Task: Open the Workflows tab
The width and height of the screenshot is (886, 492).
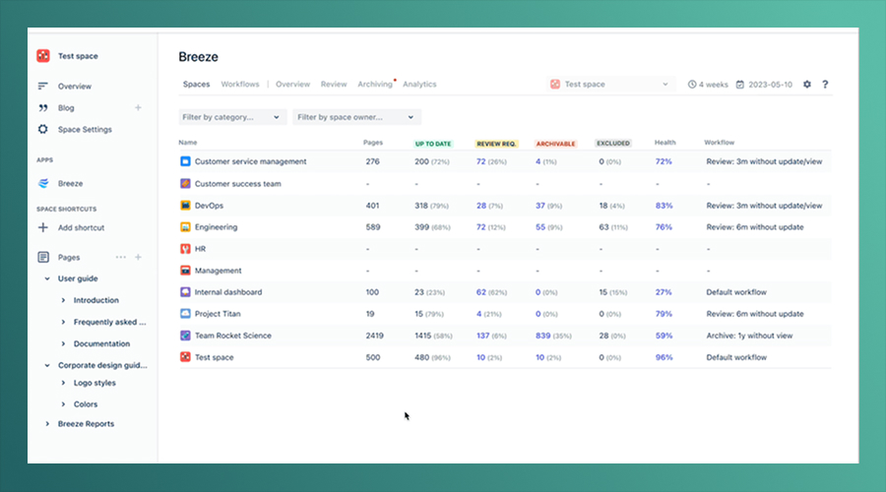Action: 240,85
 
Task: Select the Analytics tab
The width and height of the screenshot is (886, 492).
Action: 419,85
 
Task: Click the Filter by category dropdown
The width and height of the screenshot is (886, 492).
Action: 232,117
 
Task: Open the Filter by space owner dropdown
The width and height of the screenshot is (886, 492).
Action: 356,117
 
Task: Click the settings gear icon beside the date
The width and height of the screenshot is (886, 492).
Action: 807,85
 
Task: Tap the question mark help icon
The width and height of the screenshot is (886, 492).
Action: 825,85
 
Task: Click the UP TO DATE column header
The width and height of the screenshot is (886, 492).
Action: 433,144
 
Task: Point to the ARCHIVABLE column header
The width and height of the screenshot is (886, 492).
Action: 555,144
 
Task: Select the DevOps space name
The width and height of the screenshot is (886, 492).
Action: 209,206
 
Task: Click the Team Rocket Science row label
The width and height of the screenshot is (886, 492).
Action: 232,336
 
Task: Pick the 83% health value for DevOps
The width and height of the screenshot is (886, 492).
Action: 664,206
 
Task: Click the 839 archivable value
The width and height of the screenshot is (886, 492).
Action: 543,336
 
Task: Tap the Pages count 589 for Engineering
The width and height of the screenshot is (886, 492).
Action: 373,227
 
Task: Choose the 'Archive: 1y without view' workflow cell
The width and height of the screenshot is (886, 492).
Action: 749,336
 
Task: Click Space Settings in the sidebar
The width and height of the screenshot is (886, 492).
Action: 85,129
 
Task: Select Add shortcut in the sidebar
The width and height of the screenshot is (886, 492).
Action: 81,227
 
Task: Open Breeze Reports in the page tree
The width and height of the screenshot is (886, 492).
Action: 86,424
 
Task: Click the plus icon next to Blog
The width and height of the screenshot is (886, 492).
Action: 138,108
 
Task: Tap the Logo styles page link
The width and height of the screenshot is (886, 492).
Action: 95,383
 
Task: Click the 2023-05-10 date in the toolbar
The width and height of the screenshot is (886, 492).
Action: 770,85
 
